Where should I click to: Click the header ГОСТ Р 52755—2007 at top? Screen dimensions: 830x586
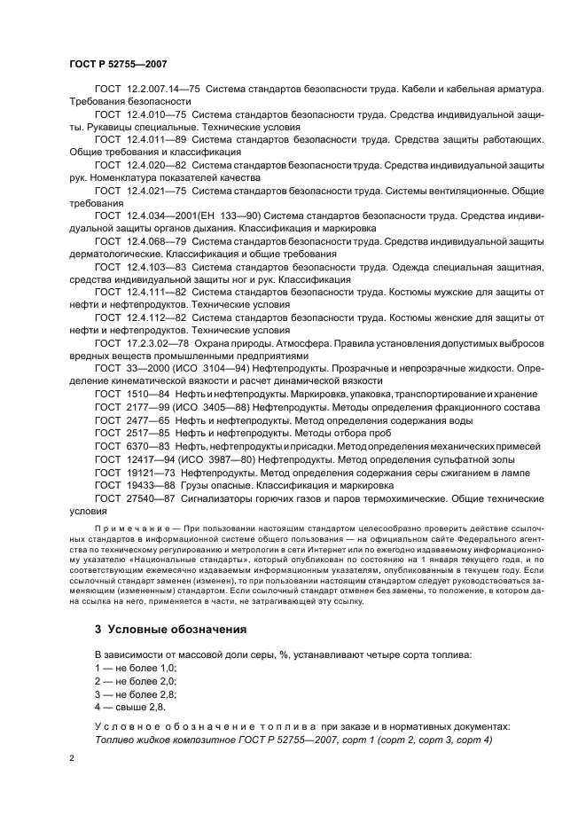[x=118, y=65]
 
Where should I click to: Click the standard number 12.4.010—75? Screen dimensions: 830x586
[x=155, y=115]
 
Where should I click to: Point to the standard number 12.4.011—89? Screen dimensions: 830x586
[x=155, y=140]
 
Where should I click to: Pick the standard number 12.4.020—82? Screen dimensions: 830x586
[x=155, y=166]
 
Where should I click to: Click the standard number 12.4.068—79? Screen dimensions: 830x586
[x=155, y=241]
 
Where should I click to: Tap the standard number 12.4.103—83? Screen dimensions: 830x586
[x=155, y=266]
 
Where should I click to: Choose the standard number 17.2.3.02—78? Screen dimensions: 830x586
[x=155, y=341]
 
